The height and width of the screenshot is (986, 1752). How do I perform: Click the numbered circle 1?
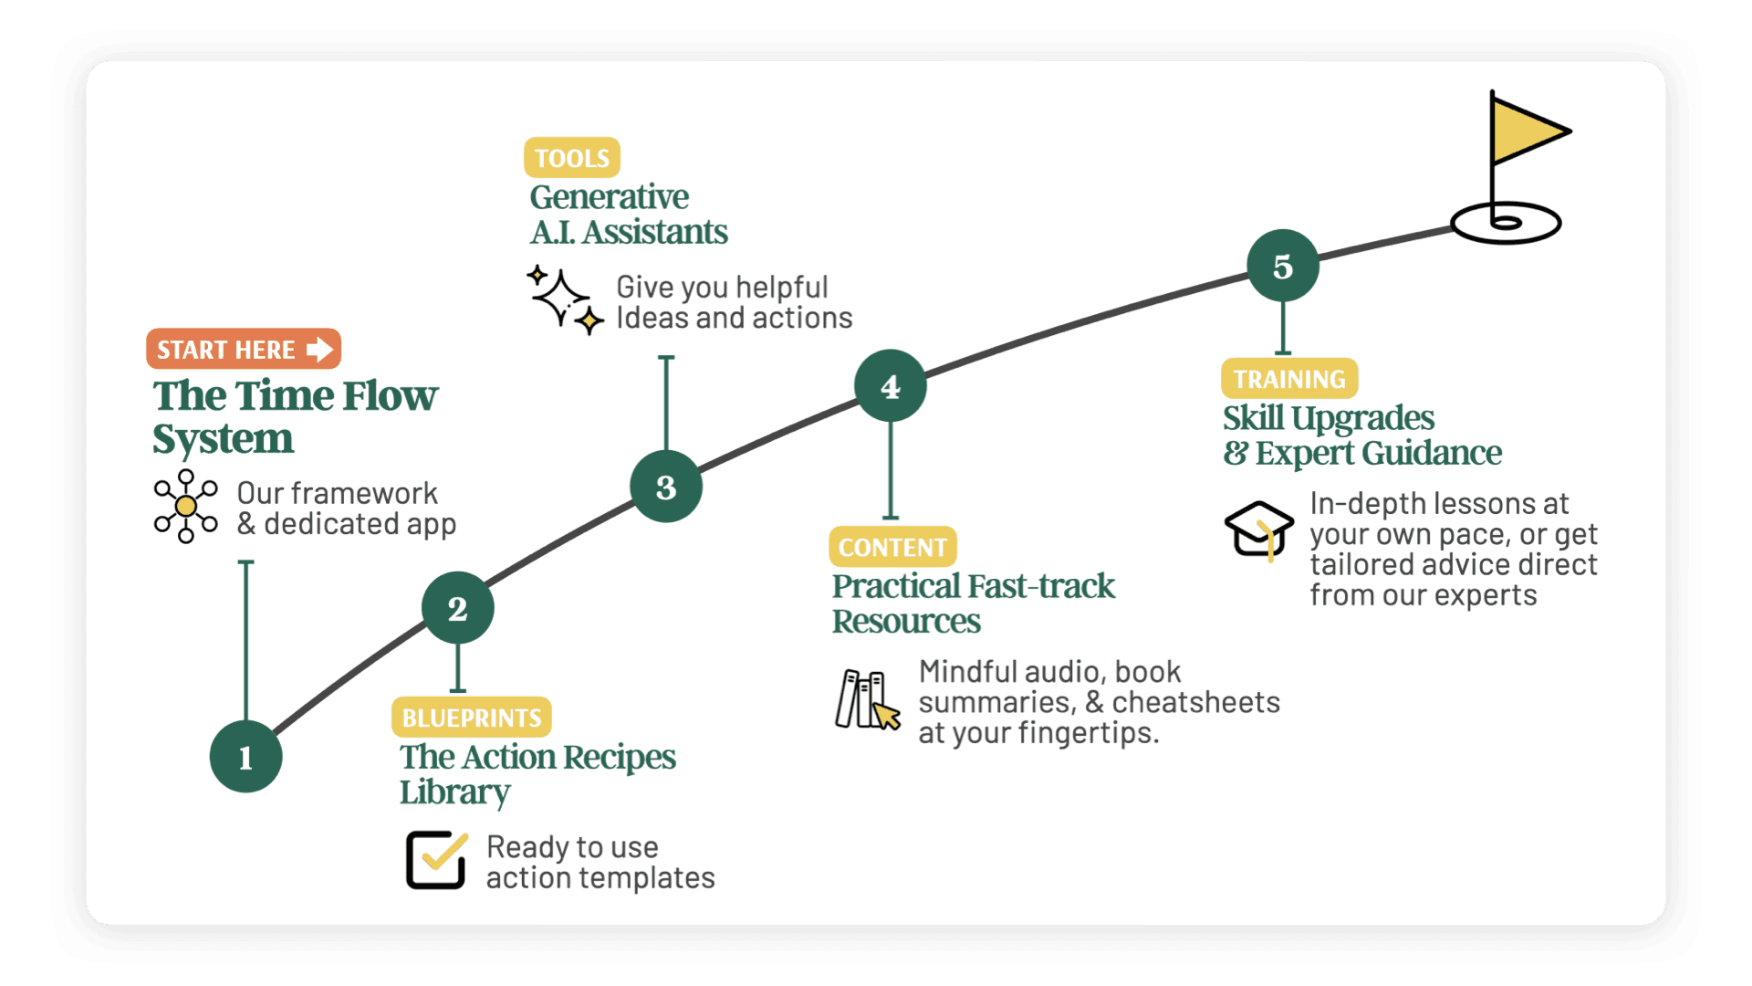[245, 757]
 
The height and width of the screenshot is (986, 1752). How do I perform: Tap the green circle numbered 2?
[457, 608]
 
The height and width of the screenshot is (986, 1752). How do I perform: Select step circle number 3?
[666, 487]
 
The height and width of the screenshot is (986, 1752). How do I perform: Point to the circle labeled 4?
[890, 386]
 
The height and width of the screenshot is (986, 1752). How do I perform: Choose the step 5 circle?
[1282, 266]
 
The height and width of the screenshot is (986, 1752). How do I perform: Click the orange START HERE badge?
[243, 350]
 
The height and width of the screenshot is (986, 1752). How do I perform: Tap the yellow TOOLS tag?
[571, 158]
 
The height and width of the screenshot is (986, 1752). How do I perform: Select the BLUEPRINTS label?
[471, 718]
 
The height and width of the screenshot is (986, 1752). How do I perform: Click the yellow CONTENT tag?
[892, 547]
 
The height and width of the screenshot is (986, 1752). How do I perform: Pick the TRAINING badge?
[1288, 379]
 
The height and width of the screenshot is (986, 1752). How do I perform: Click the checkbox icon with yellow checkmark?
[436, 858]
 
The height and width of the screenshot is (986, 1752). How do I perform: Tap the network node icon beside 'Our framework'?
[186, 507]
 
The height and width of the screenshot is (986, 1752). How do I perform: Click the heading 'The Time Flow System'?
[294, 417]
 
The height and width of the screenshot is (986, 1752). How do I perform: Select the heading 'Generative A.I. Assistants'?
[628, 215]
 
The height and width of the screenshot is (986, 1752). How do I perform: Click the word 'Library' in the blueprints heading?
[454, 792]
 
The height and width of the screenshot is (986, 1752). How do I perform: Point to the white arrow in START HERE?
[319, 350]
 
